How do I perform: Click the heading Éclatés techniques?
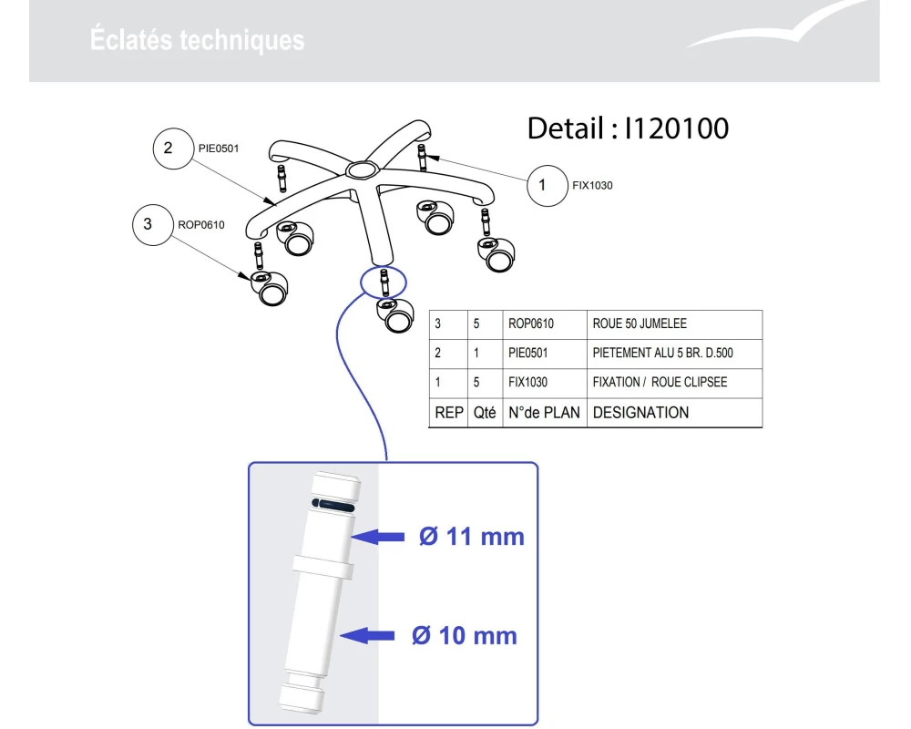click(x=197, y=40)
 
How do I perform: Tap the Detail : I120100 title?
click(x=628, y=128)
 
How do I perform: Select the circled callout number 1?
click(x=547, y=186)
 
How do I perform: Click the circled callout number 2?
click(x=173, y=149)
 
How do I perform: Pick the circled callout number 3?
click(x=153, y=224)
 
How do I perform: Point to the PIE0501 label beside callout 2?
click(x=219, y=149)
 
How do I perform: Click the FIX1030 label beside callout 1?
click(x=592, y=186)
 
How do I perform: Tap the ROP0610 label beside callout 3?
click(x=201, y=225)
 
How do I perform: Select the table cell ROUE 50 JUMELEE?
click(x=640, y=323)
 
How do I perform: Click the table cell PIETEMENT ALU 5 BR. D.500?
click(x=663, y=353)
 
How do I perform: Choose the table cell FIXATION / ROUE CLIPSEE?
click(x=660, y=382)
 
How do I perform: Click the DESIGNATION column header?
click(x=640, y=413)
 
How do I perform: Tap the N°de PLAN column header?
click(x=544, y=413)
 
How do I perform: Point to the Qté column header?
click(x=485, y=413)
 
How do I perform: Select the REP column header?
click(x=449, y=413)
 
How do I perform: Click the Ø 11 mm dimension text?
click(x=472, y=537)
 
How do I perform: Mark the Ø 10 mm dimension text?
click(x=465, y=635)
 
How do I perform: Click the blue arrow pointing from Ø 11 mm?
click(x=378, y=537)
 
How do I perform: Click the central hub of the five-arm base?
click(x=362, y=170)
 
